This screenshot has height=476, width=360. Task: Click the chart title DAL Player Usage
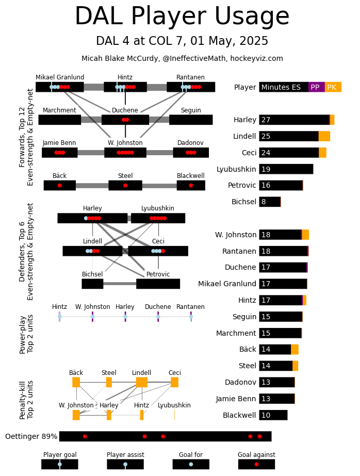coord(182,17)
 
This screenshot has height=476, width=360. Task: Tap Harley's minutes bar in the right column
coord(294,120)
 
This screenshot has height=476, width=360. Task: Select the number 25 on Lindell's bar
coord(266,137)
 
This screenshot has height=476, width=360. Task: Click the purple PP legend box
coord(316,87)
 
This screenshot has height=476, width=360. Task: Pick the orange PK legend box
coord(333,87)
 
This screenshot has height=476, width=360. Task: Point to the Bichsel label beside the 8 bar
coord(244,202)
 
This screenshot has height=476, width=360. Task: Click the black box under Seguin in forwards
coord(191,120)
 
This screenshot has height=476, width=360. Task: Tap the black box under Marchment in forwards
coord(60,120)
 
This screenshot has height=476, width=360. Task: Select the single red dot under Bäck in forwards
coord(60,185)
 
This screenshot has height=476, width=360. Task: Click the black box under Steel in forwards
coord(125,185)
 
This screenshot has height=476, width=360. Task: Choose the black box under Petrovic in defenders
coord(158,284)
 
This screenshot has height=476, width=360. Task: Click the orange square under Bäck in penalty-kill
coord(76,382)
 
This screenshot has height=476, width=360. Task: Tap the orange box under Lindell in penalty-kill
coord(142,382)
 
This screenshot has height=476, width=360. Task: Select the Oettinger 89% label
coord(31,437)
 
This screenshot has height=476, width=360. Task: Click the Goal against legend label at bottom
coord(256,455)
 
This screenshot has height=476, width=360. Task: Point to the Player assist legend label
coord(125,455)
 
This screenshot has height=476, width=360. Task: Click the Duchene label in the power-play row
coord(158,307)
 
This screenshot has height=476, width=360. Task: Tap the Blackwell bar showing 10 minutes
coord(273,415)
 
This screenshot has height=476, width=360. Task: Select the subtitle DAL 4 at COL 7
coord(182,41)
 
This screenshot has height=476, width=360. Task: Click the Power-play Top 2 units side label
coord(27,334)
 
